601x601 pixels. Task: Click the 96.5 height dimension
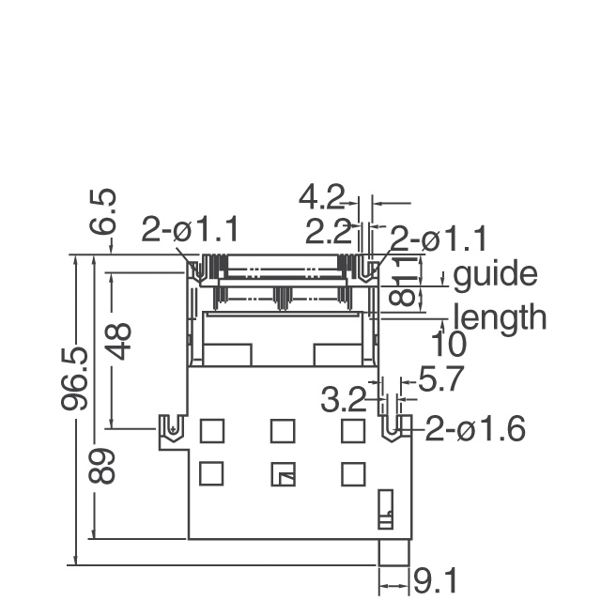pyautogui.click(x=74, y=379)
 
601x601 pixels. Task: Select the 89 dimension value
pyautogui.click(x=101, y=466)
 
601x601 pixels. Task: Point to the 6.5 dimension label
pyautogui.click(x=102, y=211)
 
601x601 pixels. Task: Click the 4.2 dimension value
pyautogui.click(x=321, y=198)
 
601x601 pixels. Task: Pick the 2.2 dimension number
pyautogui.click(x=328, y=231)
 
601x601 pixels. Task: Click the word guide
pyautogui.click(x=495, y=273)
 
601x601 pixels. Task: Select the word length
pyautogui.click(x=500, y=317)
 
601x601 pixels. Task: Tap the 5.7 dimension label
pyautogui.click(x=441, y=378)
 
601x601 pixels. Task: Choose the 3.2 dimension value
pyautogui.click(x=343, y=400)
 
